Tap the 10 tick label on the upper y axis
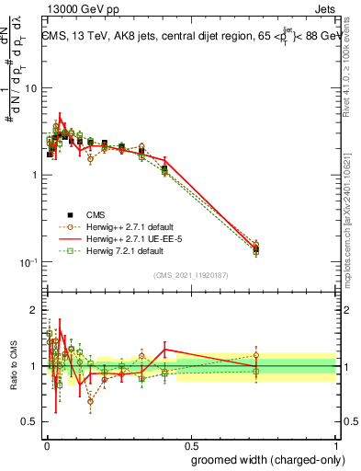(x=30, y=88)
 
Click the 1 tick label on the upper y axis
(x=34, y=175)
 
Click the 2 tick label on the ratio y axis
(x=34, y=310)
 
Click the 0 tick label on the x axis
(x=46, y=442)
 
